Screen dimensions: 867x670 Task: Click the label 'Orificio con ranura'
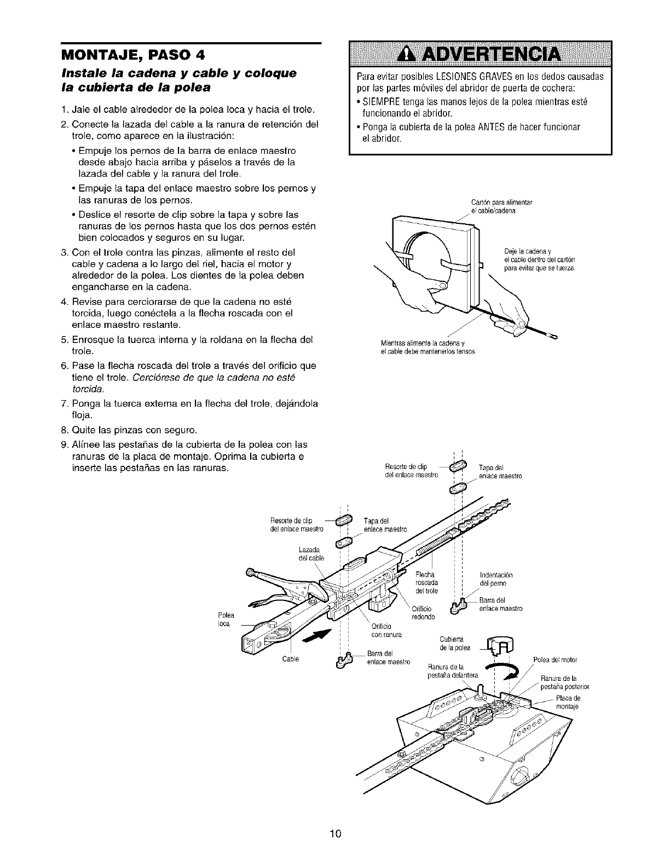[386, 631]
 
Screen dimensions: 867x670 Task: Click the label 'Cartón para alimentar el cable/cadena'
[502, 206]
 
